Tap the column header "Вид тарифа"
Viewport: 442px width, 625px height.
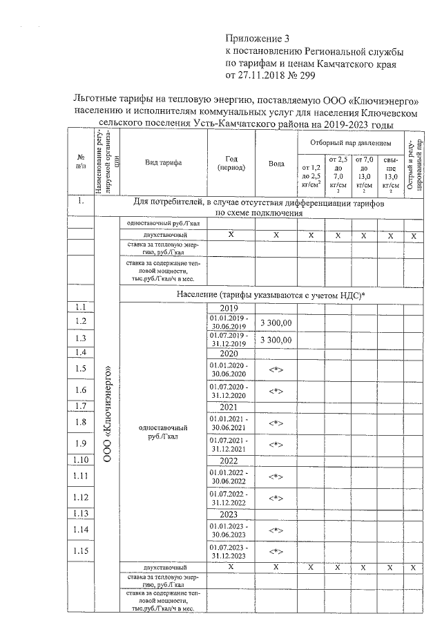(x=163, y=162)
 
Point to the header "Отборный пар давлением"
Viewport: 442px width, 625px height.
(x=351, y=141)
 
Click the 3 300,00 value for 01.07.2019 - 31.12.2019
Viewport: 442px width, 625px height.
(x=276, y=340)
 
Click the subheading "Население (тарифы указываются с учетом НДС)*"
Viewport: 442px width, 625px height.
(x=271, y=295)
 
